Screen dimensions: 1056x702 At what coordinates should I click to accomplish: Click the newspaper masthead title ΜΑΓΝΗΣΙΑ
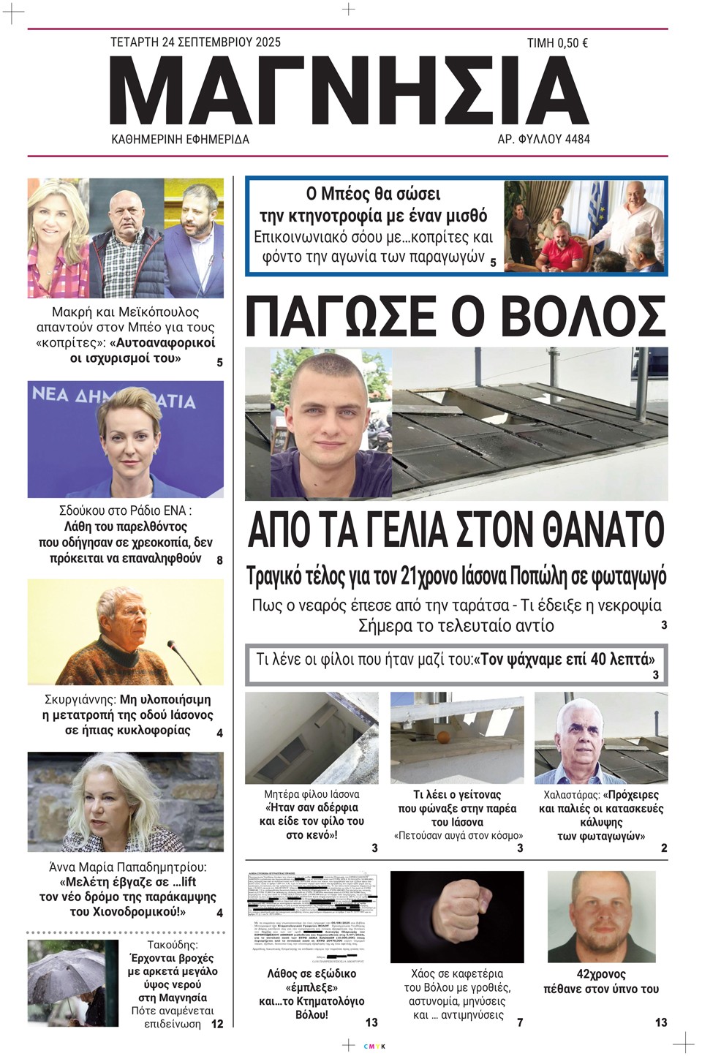tap(350, 89)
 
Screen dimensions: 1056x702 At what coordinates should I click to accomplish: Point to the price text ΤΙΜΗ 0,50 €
tap(557, 43)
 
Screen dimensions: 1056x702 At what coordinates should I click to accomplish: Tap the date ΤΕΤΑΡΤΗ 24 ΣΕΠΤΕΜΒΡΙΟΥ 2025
tap(195, 42)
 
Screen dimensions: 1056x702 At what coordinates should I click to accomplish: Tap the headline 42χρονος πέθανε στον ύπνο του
tap(601, 981)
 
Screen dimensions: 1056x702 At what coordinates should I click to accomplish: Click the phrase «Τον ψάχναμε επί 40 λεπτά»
tap(564, 659)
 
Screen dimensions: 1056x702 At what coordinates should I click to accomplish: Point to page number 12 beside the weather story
tap(217, 1024)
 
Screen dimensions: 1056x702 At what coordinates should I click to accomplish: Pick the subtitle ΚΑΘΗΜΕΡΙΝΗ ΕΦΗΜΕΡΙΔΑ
tap(180, 139)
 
